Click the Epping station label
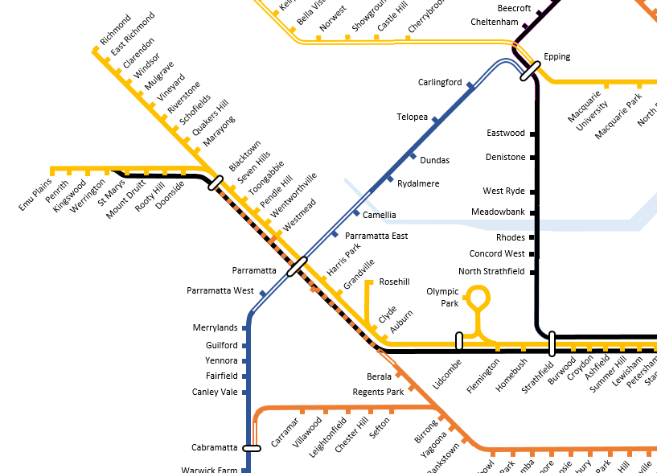coord(556,57)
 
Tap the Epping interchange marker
coord(529,72)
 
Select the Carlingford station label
coord(440,82)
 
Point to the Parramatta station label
coord(254,270)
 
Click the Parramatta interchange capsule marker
coord(298,266)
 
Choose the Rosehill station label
coord(394,282)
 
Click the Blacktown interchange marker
coord(216,183)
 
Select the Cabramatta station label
coord(215,448)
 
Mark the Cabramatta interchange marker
coord(253,448)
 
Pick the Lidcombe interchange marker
coord(459,341)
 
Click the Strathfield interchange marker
coord(552,343)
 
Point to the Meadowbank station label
coord(498,212)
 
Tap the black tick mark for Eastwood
coord(532,134)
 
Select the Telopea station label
coord(413,117)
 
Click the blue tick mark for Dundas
coord(413,155)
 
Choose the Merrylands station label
coord(216,328)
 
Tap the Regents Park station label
coord(378,393)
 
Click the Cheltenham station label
coord(495,23)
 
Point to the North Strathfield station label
coord(491,272)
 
